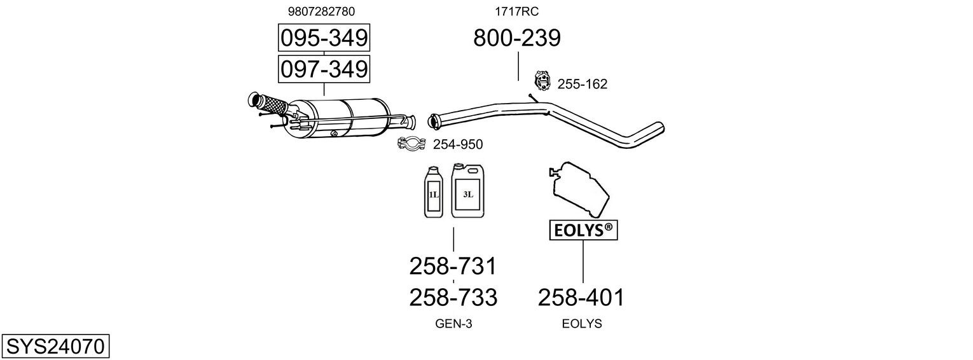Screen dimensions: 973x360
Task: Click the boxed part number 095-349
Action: coord(324,38)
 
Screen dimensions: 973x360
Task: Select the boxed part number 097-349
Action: coord(324,69)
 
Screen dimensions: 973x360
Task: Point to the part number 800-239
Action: coord(517,38)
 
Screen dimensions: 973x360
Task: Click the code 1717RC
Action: coord(517,11)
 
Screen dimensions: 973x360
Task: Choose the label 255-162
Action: coord(582,84)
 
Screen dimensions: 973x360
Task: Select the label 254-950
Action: coord(457,145)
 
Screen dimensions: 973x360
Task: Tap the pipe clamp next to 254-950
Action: coord(411,145)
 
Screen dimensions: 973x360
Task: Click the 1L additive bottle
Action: coord(433,192)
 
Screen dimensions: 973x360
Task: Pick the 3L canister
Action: coord(467,190)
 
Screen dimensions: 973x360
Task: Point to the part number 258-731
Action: coord(453,266)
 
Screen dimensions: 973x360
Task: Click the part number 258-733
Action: coord(453,297)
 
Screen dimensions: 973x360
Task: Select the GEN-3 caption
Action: coord(453,324)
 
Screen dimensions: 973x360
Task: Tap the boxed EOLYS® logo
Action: coord(583,231)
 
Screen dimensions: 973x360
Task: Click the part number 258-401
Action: coord(581,297)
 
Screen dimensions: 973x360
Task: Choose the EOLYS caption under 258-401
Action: coord(581,324)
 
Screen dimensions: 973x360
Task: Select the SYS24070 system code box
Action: coord(55,347)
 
